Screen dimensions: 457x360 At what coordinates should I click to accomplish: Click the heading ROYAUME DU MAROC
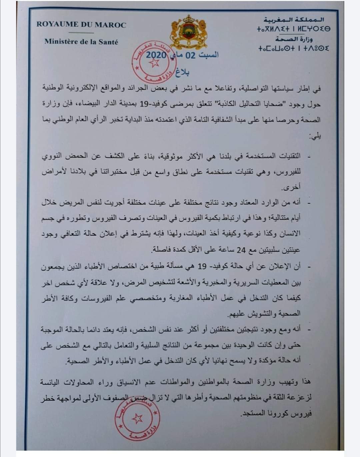pos(81,25)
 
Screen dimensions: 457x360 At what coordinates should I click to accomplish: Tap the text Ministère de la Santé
pos(81,42)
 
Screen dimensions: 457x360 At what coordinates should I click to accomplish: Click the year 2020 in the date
pos(156,55)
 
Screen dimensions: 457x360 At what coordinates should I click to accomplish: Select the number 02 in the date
pos(190,55)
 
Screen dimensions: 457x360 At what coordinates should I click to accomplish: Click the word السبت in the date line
pos(209,55)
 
